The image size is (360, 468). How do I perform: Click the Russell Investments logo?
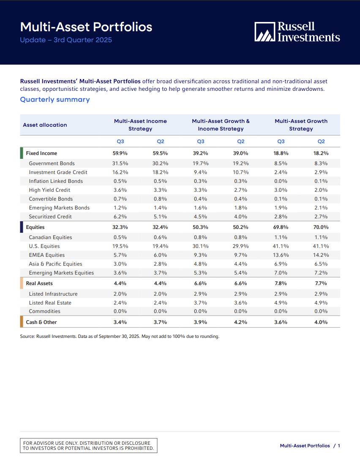[297, 32]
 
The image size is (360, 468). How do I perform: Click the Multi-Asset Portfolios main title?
[86, 27]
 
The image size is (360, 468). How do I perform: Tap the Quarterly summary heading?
[55, 100]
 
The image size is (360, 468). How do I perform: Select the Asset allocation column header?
[45, 125]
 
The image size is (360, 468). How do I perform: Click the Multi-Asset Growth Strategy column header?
[301, 125]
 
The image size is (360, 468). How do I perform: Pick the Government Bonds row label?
[52, 163]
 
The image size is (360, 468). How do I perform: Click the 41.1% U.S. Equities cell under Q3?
[281, 246]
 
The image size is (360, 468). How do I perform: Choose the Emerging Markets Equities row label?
[61, 273]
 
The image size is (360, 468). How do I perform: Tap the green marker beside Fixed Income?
[22, 153]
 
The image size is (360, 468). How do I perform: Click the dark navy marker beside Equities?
[22, 227]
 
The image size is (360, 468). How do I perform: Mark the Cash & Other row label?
[41, 322]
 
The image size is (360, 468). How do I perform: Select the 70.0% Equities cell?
[321, 227]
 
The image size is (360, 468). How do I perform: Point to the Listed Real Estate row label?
[50, 303]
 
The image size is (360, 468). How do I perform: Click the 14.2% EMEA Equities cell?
[321, 255]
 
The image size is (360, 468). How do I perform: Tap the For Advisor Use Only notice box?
[89, 446]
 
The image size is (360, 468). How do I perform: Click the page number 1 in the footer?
[338, 446]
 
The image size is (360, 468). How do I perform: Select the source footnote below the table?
[120, 337]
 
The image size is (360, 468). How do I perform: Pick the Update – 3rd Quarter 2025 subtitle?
[66, 41]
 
